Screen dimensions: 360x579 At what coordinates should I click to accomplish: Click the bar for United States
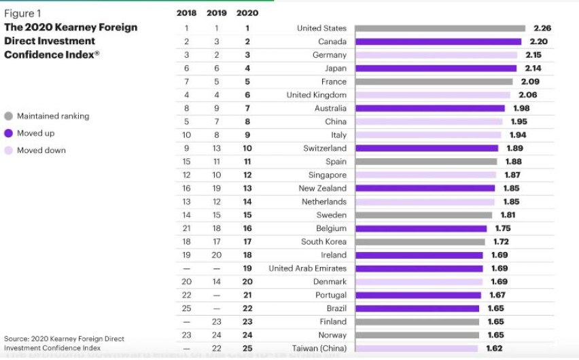[440, 29]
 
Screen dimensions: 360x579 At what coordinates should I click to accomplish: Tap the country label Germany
[329, 55]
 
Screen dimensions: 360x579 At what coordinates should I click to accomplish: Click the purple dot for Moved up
[9, 133]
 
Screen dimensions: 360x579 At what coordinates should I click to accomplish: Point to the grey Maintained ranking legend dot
[9, 116]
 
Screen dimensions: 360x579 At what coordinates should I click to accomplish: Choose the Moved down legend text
[41, 150]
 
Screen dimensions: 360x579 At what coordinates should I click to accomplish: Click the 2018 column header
[186, 13]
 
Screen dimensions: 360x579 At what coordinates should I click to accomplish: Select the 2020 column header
[247, 13]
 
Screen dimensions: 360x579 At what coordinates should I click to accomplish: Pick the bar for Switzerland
[426, 148]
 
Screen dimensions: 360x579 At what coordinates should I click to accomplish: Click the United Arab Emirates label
[307, 268]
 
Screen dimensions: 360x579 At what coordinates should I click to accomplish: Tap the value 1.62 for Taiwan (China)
[495, 348]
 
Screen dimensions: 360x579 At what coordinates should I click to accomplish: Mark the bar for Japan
[436, 68]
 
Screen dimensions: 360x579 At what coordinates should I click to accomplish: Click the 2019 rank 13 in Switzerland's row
[216, 148]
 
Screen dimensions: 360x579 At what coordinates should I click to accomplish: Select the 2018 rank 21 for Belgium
[186, 228]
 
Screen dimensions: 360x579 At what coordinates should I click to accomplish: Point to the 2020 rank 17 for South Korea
[247, 242]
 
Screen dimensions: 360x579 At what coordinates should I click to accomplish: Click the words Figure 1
[23, 14]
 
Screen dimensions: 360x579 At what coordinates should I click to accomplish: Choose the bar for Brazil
[417, 308]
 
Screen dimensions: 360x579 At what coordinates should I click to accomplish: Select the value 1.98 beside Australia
[521, 108]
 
